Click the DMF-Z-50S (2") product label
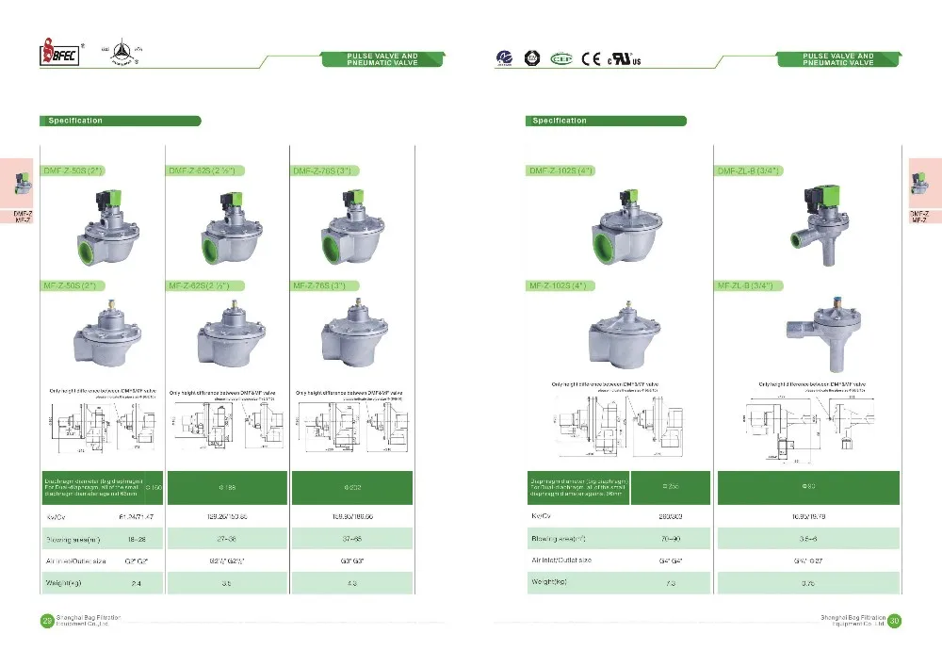[75, 171]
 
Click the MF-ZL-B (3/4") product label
[752, 285]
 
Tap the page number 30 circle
[894, 620]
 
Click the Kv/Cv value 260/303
[669, 516]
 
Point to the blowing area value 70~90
[669, 539]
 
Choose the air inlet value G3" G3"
[352, 561]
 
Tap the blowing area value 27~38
[226, 539]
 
